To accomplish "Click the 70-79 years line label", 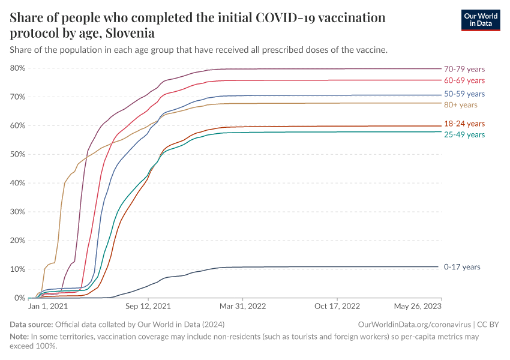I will click(464, 69).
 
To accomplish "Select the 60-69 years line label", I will click(464, 80).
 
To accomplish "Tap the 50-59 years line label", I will click(464, 94).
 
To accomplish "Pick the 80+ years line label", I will click(460, 105).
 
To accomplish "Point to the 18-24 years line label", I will click(464, 124).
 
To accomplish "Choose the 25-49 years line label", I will click(464, 134).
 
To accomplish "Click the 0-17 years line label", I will click(461, 267).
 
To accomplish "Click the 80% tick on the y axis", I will click(17, 68).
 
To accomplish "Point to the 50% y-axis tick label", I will click(17, 154).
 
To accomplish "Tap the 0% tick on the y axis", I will click(19, 298).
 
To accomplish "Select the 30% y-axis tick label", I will click(17, 212).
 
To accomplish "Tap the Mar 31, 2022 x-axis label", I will click(242, 307).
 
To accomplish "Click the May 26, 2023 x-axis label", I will click(418, 307).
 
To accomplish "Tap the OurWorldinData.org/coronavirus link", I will click(413, 324).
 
